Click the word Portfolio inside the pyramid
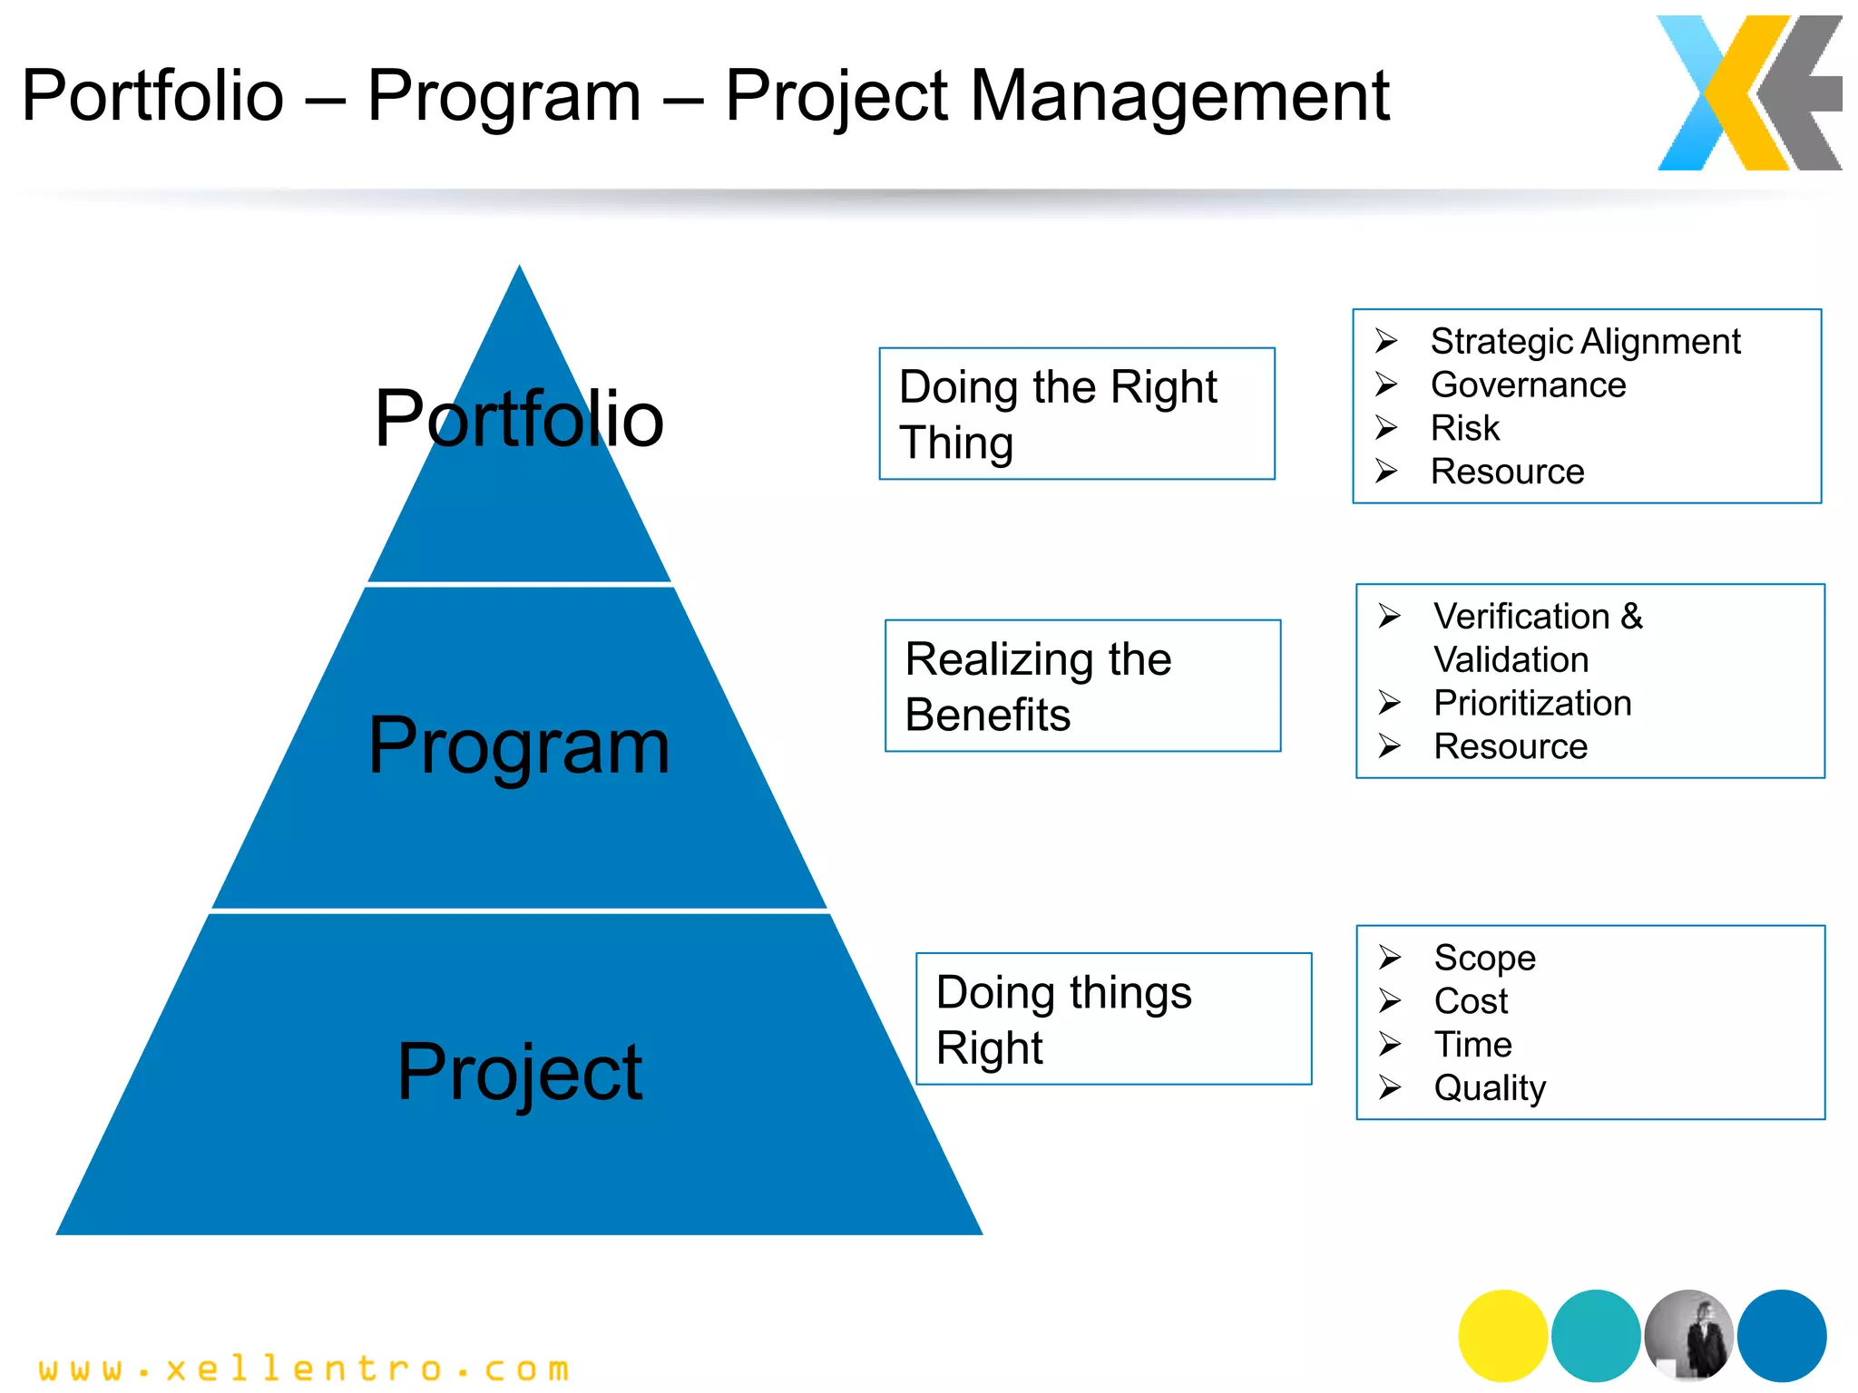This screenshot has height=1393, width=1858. point(519,418)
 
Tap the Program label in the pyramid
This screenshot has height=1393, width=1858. point(519,745)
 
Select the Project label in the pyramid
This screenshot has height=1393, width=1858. point(519,1072)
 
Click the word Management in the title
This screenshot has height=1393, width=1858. point(1179,96)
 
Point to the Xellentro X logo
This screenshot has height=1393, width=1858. point(1748,93)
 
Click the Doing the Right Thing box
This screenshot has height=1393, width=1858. point(1076,414)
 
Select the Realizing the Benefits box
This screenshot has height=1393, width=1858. point(1082,686)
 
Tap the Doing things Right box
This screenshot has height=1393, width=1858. point(1113,1018)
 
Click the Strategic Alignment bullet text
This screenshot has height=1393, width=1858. point(1584,342)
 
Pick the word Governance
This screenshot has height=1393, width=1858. point(1528,385)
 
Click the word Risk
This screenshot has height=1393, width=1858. point(1464,428)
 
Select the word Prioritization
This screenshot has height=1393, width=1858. point(1532,704)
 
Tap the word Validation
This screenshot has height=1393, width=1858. point(1511,660)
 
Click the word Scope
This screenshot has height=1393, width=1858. point(1484,959)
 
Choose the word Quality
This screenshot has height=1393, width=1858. point(1489,1088)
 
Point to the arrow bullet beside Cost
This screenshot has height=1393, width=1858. point(1390,1001)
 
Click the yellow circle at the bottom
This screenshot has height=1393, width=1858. point(1502,1336)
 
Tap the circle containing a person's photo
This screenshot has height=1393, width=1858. point(1688,1336)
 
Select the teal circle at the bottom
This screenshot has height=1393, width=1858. point(1596,1336)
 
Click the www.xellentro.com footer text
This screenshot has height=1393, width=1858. point(304,1369)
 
